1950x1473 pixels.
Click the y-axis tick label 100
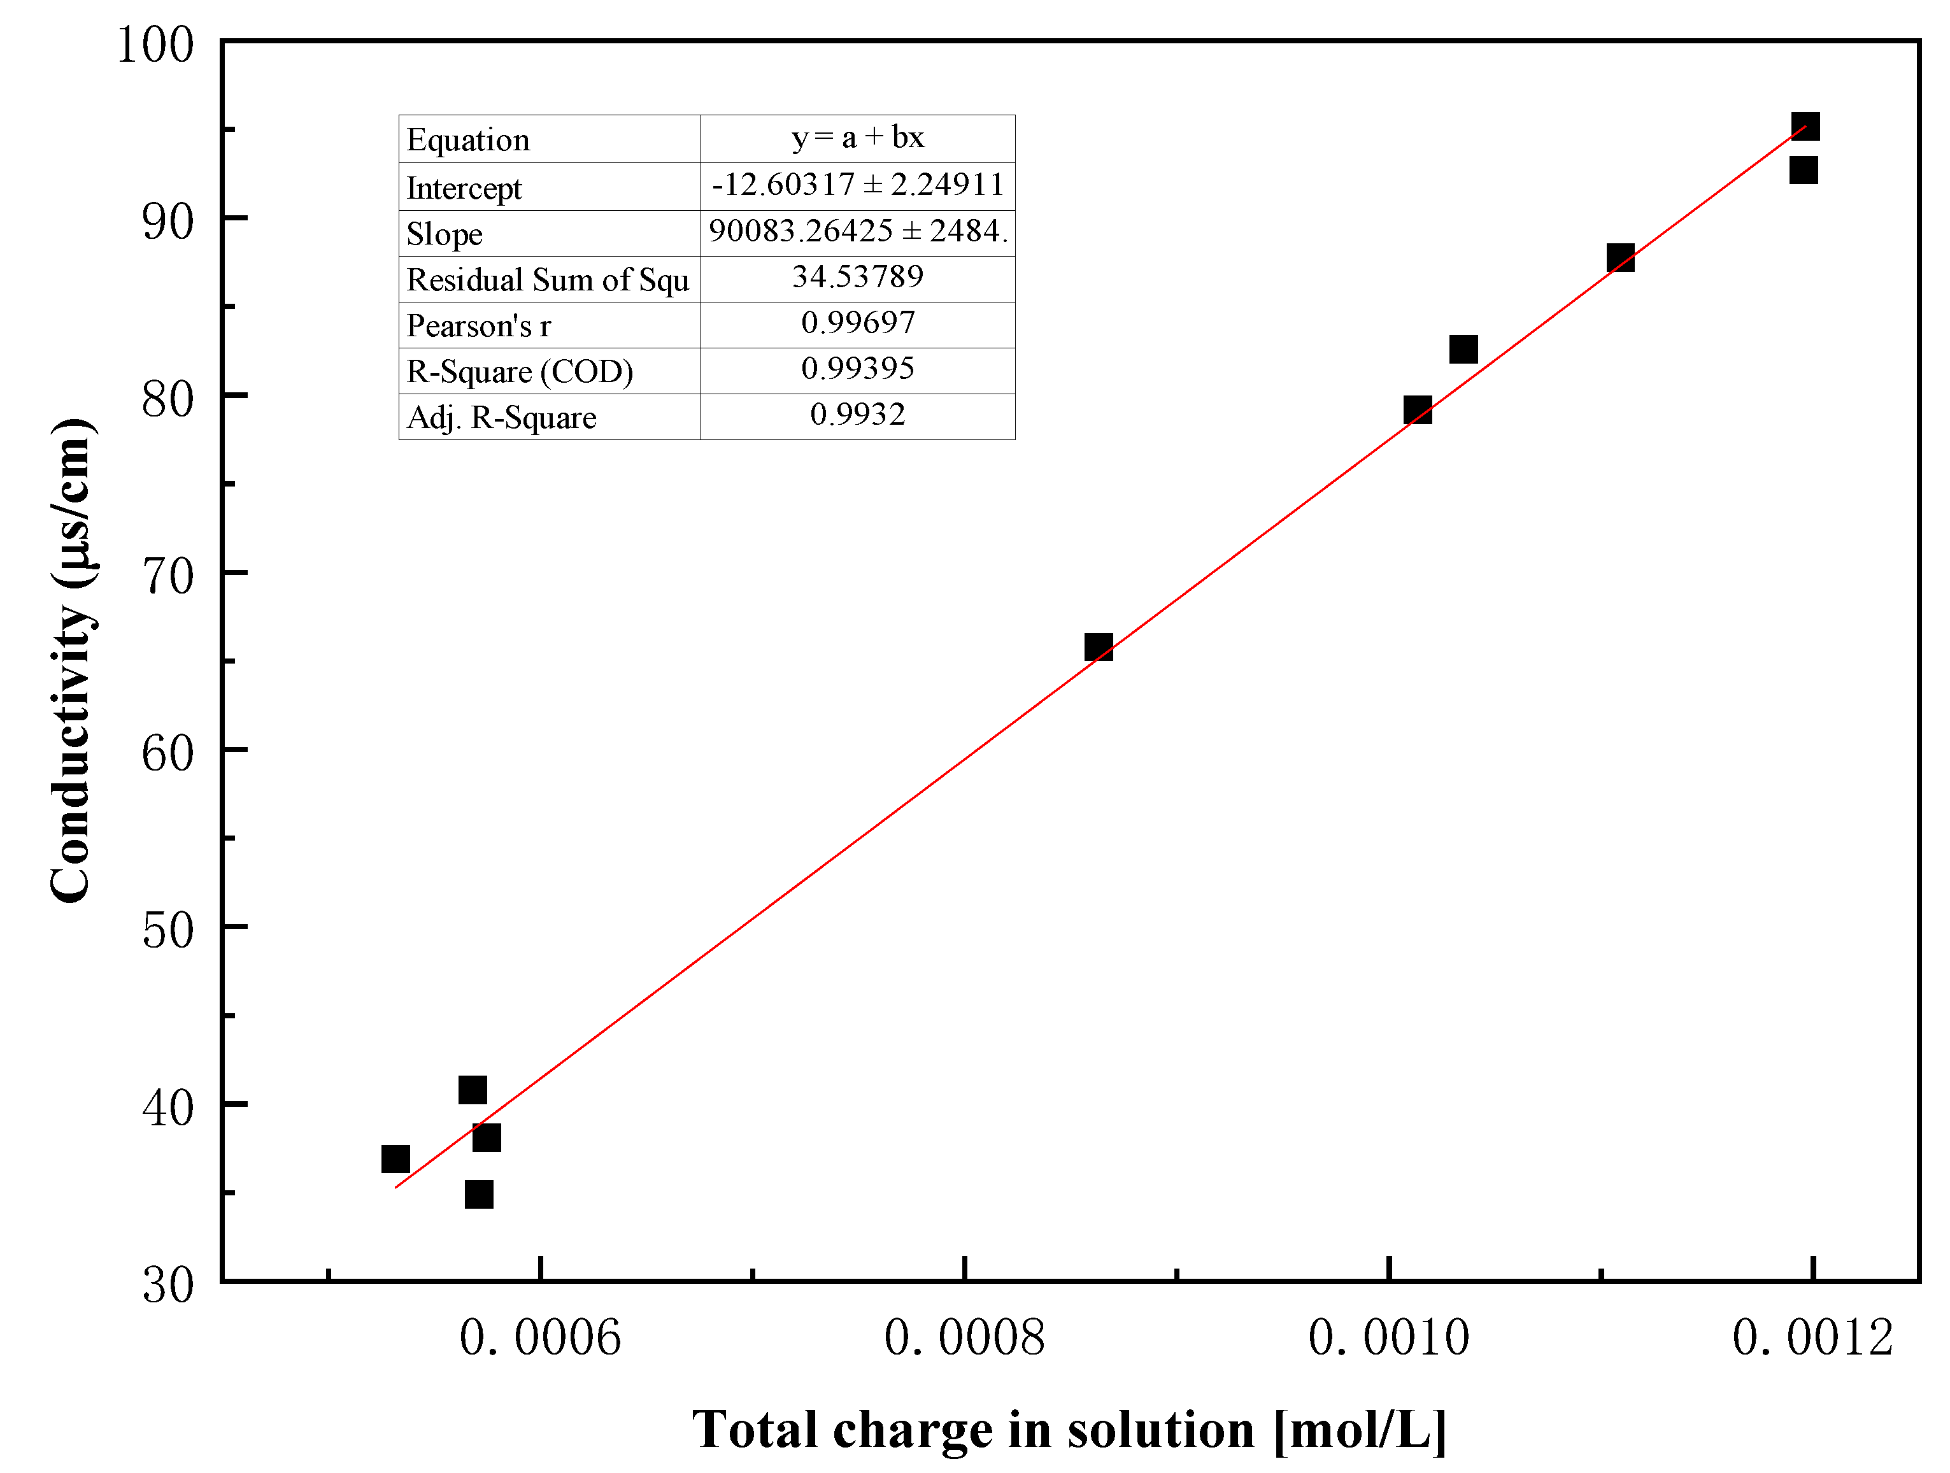155,44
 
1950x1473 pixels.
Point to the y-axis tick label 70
167,578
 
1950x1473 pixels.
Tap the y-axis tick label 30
167,1284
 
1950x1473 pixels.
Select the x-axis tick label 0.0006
541,1337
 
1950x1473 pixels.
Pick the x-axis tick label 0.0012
1812,1337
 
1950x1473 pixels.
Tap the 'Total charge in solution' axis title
1069,1429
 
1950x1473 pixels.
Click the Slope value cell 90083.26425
857,232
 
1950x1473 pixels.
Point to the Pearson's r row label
479,326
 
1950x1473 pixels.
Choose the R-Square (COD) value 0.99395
857,369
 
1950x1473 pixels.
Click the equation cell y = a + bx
857,138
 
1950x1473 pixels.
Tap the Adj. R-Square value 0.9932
857,415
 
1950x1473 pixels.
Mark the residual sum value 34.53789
857,278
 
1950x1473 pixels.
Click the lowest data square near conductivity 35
479,1195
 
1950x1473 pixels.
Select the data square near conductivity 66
1099,648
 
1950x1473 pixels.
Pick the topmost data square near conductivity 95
1805,127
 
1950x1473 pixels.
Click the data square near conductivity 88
1620,259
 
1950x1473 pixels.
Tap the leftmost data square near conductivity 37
396,1158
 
